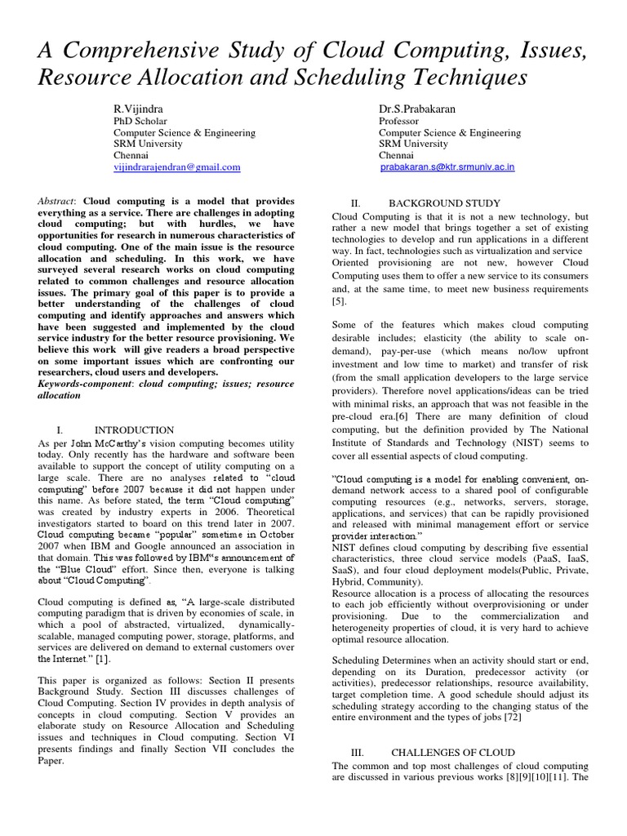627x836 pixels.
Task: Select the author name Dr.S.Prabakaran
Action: pyautogui.click(x=415, y=109)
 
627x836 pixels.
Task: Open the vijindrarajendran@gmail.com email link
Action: pyautogui.click(x=176, y=167)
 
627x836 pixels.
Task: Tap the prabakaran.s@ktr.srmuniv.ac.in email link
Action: pyautogui.click(x=448, y=167)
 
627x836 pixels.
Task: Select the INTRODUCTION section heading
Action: pyautogui.click(x=134, y=429)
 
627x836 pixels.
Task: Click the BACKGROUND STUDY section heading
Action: pyautogui.click(x=444, y=202)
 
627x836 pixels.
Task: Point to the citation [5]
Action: pyautogui.click(x=339, y=301)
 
